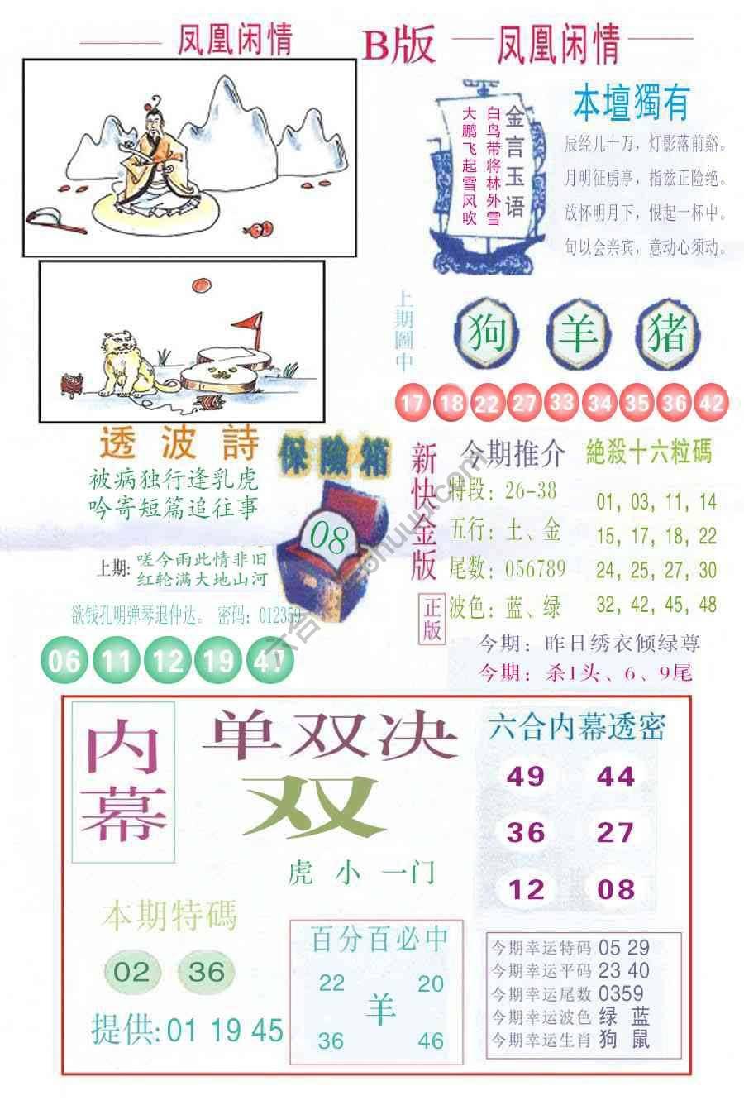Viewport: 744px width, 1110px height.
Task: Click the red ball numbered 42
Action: pos(712,404)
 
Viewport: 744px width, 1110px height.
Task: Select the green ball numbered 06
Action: pos(64,661)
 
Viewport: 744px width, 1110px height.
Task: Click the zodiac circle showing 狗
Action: pos(487,335)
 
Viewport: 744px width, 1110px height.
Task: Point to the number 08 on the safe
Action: pos(327,542)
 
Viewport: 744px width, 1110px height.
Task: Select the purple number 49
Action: pos(526,776)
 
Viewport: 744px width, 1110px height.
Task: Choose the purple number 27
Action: pos(615,831)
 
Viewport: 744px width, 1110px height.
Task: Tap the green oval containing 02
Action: pos(131,972)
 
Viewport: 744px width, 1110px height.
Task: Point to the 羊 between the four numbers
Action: pos(380,1010)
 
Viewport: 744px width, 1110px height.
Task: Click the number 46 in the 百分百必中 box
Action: pos(430,1040)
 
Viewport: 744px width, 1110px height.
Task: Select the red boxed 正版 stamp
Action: pos(433,618)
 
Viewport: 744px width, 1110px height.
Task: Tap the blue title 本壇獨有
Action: pos(631,103)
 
